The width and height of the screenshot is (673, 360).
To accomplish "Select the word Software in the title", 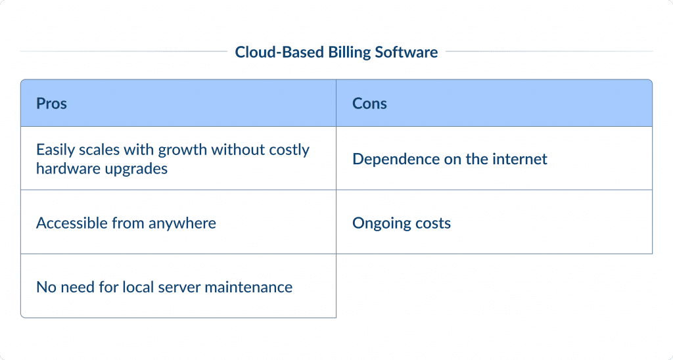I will [x=406, y=53].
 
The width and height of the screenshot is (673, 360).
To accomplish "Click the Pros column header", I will [x=51, y=104].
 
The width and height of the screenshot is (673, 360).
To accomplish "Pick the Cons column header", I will [x=369, y=104].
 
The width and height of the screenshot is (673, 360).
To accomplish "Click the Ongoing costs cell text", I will [x=402, y=223].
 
